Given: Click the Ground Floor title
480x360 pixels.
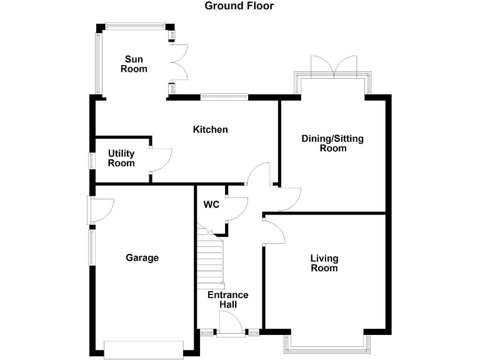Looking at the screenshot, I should click(x=239, y=6).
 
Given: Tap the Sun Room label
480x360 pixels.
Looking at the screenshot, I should click(x=134, y=64).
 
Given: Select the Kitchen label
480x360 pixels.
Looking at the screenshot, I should click(x=210, y=129).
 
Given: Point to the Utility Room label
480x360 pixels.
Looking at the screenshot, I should click(x=121, y=158).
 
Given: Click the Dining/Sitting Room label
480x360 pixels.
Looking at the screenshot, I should click(x=332, y=143).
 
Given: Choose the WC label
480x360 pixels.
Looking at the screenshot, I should click(x=211, y=204).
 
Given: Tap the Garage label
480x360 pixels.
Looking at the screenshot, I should click(x=142, y=257).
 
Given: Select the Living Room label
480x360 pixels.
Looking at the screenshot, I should click(x=324, y=263).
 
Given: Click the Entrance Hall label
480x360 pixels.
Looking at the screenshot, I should click(x=227, y=299).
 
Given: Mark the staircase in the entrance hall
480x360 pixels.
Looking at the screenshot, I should click(x=211, y=256).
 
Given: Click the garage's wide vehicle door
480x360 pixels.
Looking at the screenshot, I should click(x=144, y=349).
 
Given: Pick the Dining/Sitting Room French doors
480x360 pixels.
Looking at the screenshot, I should click(x=335, y=67).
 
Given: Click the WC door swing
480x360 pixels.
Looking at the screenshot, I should click(x=236, y=208).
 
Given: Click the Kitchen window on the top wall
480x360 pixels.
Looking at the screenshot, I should click(x=224, y=96).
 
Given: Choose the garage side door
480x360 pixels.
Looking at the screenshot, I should click(x=100, y=210).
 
